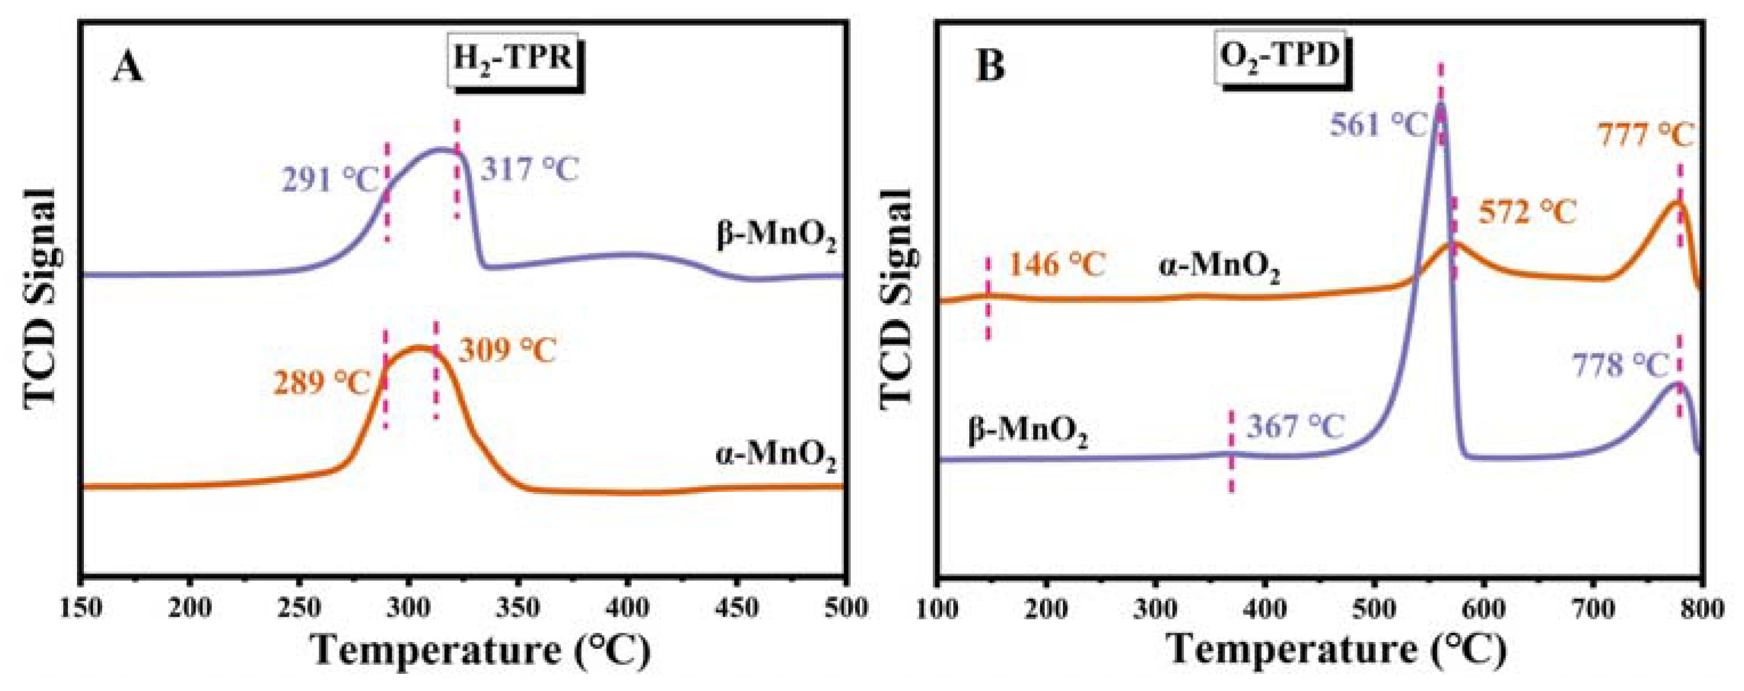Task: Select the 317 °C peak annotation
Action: pos(530,169)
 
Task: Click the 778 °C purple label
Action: pos(1620,366)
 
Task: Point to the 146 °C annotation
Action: pos(1057,265)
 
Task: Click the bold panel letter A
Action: pos(128,68)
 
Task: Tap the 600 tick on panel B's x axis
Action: pos(1483,608)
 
